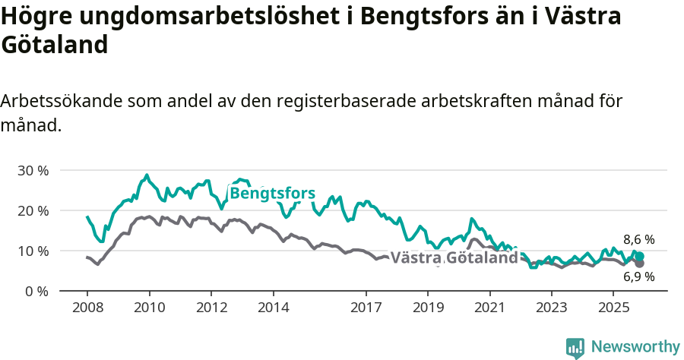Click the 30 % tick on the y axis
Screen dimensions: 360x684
coord(32,170)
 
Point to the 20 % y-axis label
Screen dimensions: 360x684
coord(32,210)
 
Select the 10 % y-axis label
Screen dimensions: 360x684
coord(32,251)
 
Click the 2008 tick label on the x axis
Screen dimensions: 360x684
coord(87,307)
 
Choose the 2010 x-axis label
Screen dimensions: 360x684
coord(149,307)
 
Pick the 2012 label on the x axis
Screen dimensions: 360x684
coord(211,307)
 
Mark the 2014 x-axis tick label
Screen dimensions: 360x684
coord(273,307)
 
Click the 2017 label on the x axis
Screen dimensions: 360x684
coord(366,307)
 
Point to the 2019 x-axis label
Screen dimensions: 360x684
coord(428,307)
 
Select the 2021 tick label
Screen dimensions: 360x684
coord(490,307)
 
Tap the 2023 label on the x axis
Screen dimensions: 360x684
coord(552,307)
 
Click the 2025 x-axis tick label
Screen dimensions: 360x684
coord(614,307)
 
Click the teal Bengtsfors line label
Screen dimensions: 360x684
coord(272,194)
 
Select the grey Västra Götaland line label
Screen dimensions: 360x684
coord(454,257)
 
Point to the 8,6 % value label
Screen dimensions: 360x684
coord(638,239)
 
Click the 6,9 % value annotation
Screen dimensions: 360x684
coord(638,277)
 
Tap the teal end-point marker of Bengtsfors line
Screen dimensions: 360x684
coord(640,257)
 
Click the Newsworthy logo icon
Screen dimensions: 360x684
coord(575,347)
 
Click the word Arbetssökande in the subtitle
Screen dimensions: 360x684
coord(62,101)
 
